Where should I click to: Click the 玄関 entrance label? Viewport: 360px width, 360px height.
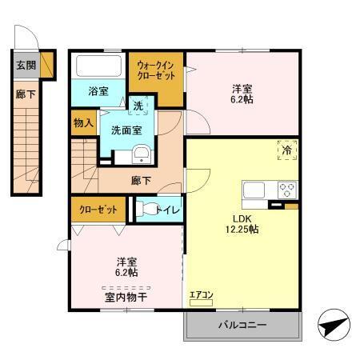click(25, 65)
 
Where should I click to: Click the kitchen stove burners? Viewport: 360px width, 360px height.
click(287, 190)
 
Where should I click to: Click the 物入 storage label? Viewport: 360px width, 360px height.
click(83, 123)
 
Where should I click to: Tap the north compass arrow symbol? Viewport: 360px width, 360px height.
click(334, 328)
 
